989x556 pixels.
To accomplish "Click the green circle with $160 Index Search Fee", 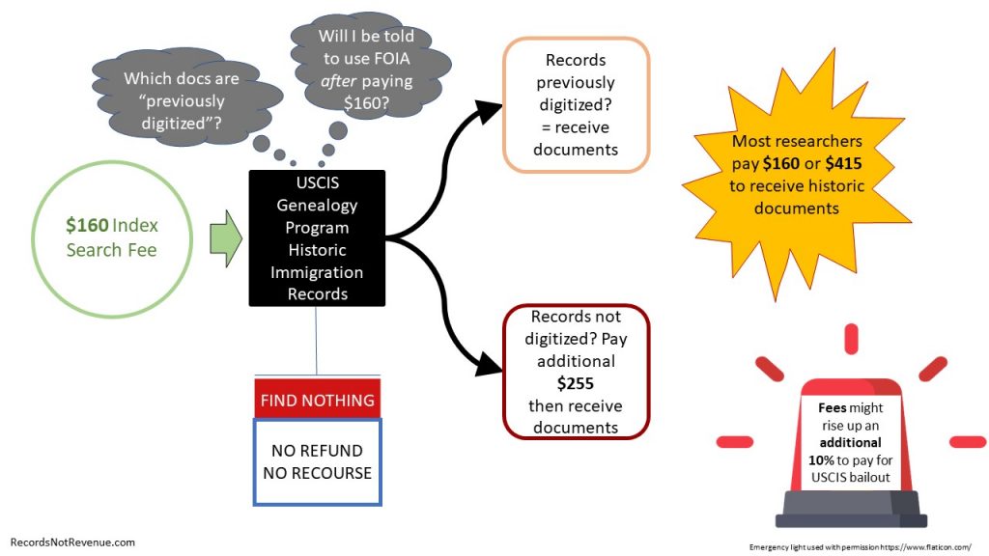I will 111,237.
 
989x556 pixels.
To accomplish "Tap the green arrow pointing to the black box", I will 225,237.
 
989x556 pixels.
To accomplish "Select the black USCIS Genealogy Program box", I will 317,237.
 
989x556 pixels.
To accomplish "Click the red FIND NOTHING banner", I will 317,399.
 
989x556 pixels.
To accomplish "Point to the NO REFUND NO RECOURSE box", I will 317,461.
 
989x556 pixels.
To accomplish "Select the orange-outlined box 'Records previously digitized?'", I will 576,103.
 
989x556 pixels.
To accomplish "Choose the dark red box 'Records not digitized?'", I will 576,372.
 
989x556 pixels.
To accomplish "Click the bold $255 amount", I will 576,382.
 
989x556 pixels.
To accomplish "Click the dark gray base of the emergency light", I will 851,509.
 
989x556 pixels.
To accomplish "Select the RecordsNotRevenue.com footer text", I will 72,542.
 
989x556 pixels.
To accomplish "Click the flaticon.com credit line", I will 860,544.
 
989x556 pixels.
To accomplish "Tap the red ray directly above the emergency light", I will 851,338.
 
